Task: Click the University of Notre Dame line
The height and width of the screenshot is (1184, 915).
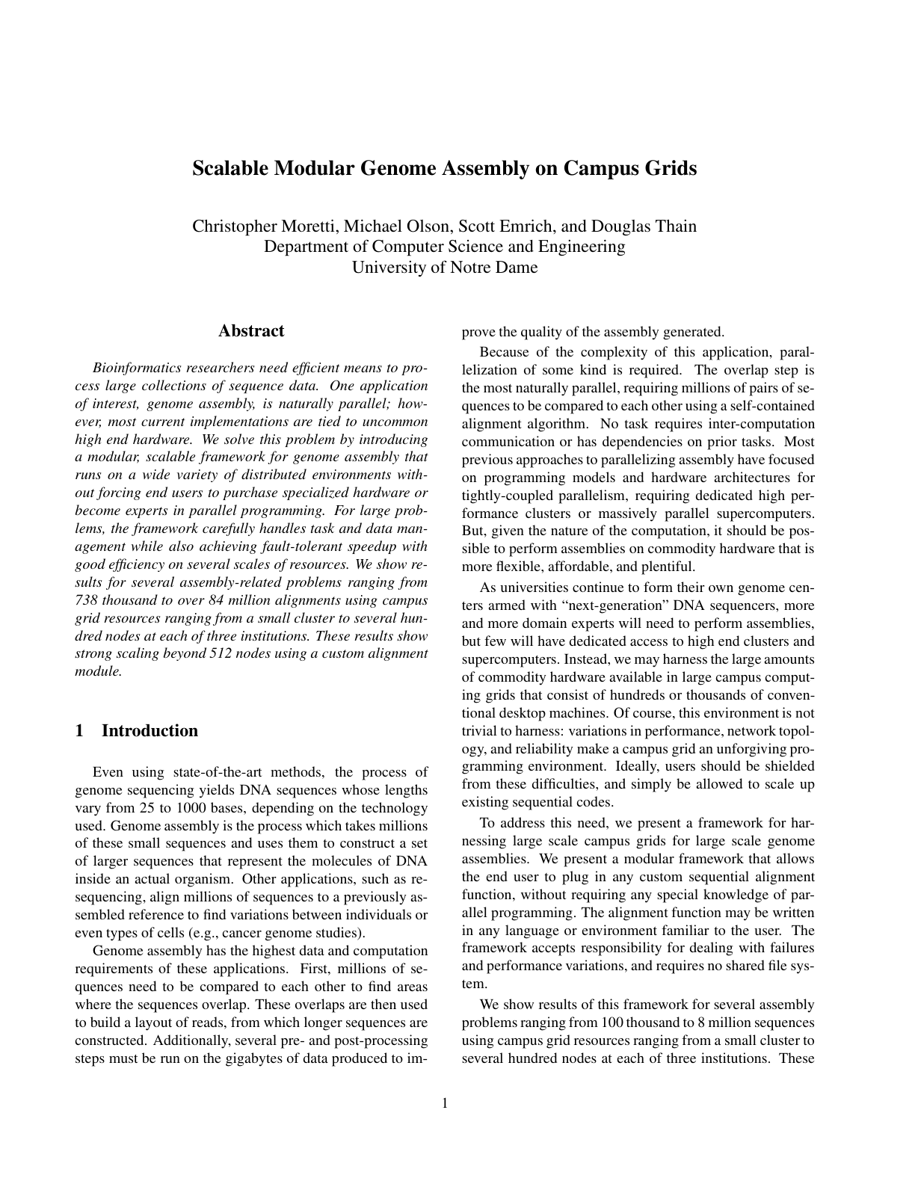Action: (x=445, y=267)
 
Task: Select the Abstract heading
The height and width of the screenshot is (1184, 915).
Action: (x=251, y=331)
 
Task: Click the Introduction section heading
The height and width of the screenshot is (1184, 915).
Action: (x=150, y=731)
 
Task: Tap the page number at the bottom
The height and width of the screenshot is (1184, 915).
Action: (x=445, y=1103)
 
